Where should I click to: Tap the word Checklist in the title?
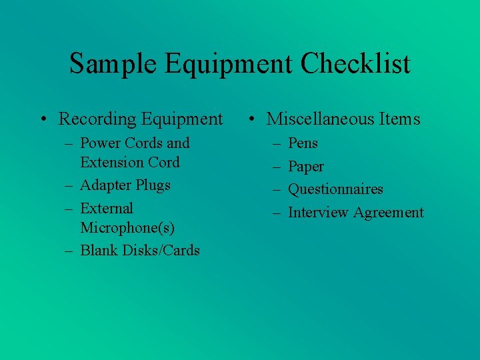[355, 64]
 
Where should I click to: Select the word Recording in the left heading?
[97, 119]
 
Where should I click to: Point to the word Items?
[400, 119]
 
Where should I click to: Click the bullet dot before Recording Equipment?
[43, 120]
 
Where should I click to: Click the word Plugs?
[153, 185]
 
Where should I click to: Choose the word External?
[107, 209]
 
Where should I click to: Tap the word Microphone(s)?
[127, 228]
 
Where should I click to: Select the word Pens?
[303, 143]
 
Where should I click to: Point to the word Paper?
[305, 167]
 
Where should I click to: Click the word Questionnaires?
[335, 189]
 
